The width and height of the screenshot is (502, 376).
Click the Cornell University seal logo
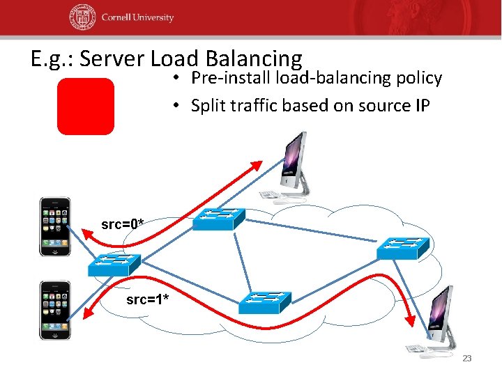(82, 18)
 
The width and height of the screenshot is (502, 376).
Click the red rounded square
(85, 106)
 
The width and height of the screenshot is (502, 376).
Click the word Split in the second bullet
(207, 106)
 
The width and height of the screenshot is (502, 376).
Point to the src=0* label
(123, 224)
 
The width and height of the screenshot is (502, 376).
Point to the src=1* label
(146, 300)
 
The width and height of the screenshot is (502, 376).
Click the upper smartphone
(55, 226)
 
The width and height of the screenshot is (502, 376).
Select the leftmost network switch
(114, 265)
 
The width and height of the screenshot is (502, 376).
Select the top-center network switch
(218, 219)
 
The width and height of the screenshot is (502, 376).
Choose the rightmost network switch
(404, 246)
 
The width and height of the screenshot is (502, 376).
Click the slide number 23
(467, 358)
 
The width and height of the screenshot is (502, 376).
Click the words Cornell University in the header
(137, 18)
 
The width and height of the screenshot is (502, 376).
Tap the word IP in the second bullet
(420, 106)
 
